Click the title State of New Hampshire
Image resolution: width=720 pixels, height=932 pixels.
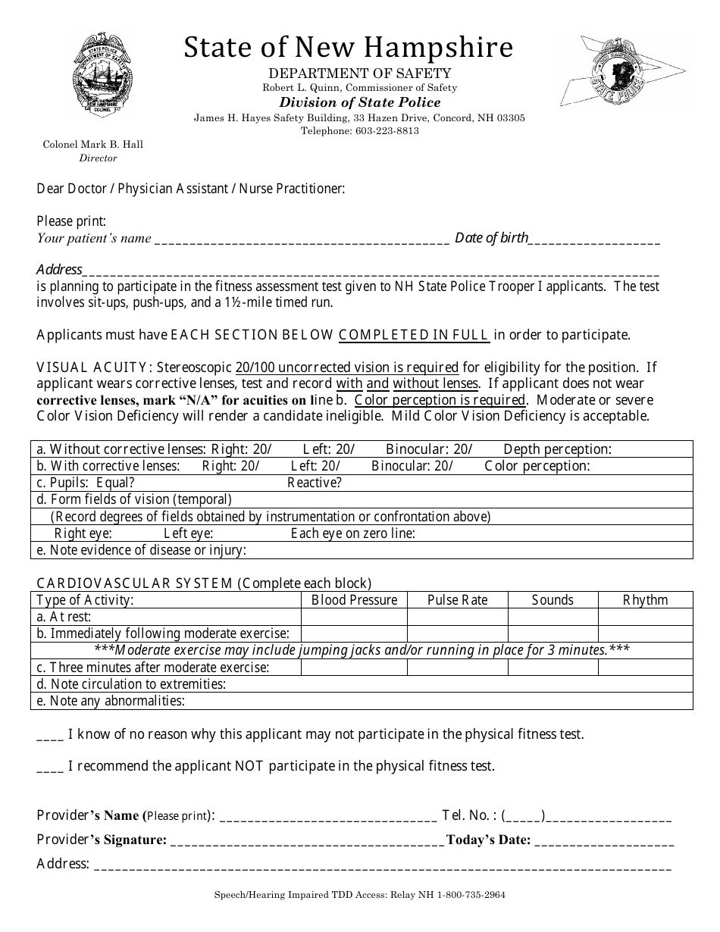point(348,47)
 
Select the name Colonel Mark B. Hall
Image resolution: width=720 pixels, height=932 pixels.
point(92,144)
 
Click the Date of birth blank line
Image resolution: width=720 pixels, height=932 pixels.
point(594,239)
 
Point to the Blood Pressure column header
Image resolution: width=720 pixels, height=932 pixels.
point(354,600)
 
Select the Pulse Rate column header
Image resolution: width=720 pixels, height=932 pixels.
point(457,600)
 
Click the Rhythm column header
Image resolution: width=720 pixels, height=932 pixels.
point(645,600)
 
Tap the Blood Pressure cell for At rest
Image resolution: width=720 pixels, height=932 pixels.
point(354,617)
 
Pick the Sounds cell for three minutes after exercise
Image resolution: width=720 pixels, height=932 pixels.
point(553,668)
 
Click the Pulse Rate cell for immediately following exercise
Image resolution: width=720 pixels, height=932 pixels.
point(457,633)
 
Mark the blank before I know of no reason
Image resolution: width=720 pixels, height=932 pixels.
point(50,735)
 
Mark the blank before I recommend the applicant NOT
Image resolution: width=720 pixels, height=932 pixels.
point(50,767)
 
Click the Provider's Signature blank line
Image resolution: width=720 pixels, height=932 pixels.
point(307,840)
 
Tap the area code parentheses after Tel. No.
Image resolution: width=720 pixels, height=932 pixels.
point(523,816)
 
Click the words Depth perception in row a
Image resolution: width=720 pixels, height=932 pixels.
point(557,449)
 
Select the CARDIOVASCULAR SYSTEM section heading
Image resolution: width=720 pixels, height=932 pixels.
point(135,583)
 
